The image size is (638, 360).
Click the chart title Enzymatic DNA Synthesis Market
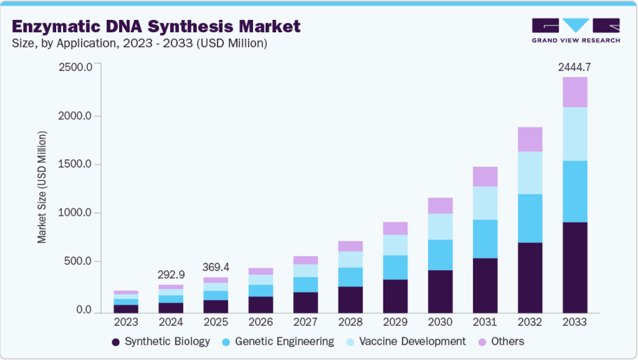[x=156, y=27]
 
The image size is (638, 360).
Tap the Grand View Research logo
[x=576, y=30]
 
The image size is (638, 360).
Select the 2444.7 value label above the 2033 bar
[x=574, y=67]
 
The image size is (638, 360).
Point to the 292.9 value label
[x=171, y=275]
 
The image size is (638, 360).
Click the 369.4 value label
[x=216, y=267]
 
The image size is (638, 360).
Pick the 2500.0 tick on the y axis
[x=75, y=67]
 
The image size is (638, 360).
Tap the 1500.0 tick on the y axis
[x=75, y=164]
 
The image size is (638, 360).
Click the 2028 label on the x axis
[x=350, y=322]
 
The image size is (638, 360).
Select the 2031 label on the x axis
[x=485, y=322]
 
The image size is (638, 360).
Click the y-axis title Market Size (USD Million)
[x=42, y=187]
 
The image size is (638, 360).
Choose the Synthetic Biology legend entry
[x=161, y=342]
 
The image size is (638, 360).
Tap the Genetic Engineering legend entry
[x=278, y=342]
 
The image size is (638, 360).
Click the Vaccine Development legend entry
[x=406, y=342]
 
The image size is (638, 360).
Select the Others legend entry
[x=501, y=342]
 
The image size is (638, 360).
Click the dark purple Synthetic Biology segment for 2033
[x=575, y=267]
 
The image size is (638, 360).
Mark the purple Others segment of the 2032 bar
[x=530, y=140]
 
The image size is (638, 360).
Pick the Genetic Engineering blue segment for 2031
[x=485, y=239]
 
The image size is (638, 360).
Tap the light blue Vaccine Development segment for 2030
[x=440, y=227]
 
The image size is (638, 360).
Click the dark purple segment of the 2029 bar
[x=395, y=296]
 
